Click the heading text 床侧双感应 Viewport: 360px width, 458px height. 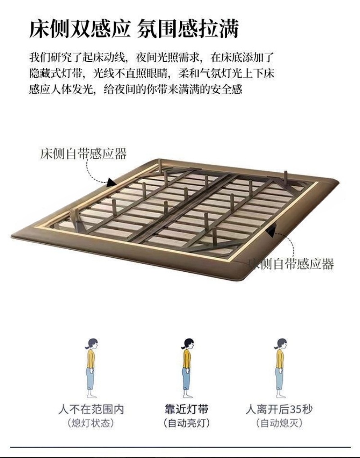(80, 29)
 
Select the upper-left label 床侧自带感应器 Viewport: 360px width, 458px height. (84, 153)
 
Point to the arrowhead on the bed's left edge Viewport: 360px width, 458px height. (112, 182)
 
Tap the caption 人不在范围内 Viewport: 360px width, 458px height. (91, 409)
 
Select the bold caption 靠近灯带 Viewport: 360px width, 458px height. (186, 409)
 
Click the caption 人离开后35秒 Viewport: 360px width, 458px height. (279, 409)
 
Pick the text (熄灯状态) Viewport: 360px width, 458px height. (91, 423)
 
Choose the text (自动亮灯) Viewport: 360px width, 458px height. (186, 423)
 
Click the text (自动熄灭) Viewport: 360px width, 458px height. (279, 423)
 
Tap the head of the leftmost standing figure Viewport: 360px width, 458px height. (92, 344)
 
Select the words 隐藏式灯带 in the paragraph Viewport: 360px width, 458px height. (55, 73)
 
